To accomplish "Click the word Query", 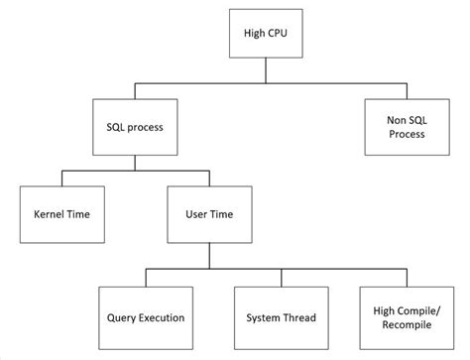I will point(121,317).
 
